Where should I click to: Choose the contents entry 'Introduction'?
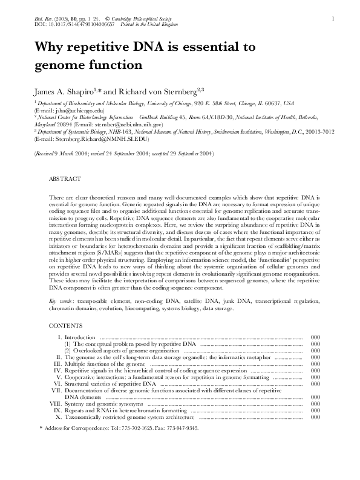point(80,337)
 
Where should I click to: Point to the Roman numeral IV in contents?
point(57,370)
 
